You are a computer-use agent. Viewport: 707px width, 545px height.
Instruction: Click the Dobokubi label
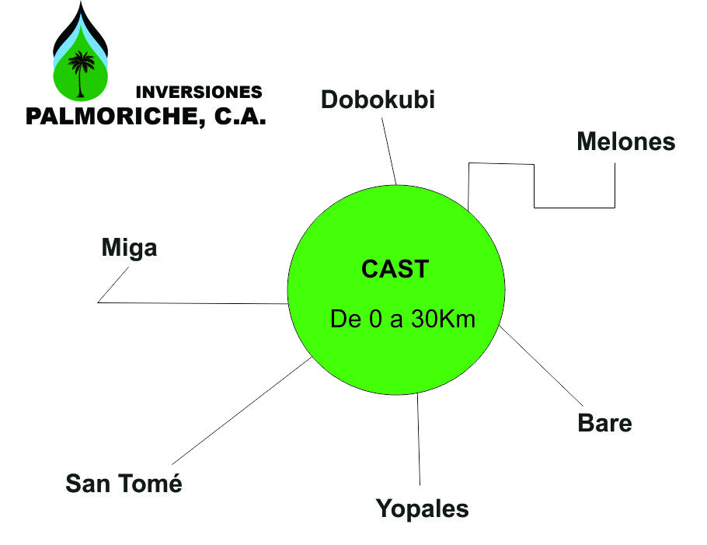[378, 100]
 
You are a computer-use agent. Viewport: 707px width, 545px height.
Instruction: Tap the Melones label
[626, 142]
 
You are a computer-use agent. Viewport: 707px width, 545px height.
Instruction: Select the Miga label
[129, 248]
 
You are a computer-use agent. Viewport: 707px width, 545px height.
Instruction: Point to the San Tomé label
[124, 483]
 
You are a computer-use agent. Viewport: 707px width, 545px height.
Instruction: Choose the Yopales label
[423, 509]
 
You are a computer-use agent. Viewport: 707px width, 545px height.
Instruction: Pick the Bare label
[604, 424]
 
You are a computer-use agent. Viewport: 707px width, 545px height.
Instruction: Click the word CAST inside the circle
[395, 269]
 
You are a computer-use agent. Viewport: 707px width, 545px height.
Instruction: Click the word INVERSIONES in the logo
[199, 92]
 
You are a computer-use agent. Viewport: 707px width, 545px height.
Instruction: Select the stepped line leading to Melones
[535, 187]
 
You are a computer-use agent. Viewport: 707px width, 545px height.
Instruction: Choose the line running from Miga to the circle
[194, 302]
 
